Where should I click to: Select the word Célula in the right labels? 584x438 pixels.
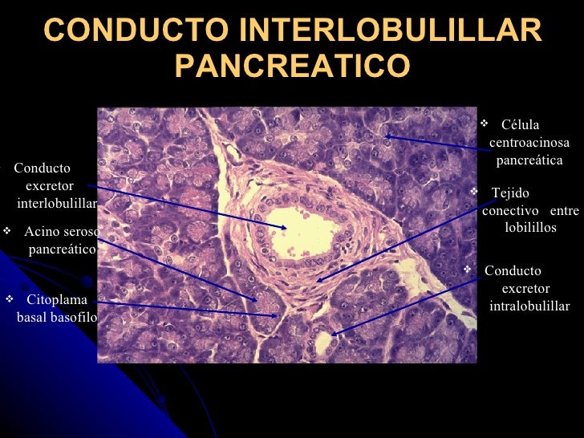(520, 125)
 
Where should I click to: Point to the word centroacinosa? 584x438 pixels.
(529, 143)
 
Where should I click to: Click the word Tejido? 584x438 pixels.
(510, 193)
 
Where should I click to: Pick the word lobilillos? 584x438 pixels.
(530, 228)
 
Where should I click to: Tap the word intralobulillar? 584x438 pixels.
(529, 306)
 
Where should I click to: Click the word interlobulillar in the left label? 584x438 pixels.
(56, 204)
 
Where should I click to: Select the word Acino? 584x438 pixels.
(40, 233)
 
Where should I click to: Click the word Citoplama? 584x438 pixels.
(57, 300)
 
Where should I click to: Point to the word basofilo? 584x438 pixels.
(75, 318)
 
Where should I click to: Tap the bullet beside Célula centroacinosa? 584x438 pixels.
(484, 124)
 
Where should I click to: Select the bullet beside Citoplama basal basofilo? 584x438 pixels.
(10, 300)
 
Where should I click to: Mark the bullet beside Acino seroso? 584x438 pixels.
(7, 232)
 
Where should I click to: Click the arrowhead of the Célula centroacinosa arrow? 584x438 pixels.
(386, 136)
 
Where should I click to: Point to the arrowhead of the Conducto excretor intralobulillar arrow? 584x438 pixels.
(333, 333)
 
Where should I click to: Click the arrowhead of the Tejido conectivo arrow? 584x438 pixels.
(318, 280)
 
